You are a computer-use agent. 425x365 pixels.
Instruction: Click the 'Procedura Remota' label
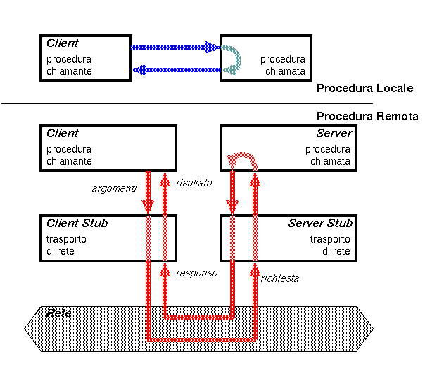tap(367, 116)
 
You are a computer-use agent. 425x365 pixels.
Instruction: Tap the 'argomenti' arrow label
tap(113, 188)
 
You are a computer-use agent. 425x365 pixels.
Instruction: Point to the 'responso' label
tap(197, 272)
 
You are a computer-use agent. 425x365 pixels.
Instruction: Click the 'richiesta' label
tap(280, 278)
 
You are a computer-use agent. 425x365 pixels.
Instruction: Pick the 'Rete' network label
tap(58, 312)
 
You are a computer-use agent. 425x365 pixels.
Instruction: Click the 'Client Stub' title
tap(77, 223)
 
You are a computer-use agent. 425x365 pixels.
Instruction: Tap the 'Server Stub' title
tap(320, 223)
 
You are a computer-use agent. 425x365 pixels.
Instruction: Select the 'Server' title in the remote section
tap(335, 133)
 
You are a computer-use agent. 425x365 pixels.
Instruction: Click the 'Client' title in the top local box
tap(63, 43)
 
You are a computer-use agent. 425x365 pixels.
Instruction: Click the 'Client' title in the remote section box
tap(63, 133)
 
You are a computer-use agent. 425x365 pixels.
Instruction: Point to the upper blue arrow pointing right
tap(175, 48)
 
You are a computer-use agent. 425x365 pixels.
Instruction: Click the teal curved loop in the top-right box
tap(233, 58)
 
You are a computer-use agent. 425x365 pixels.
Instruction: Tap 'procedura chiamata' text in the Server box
tap(327, 155)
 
